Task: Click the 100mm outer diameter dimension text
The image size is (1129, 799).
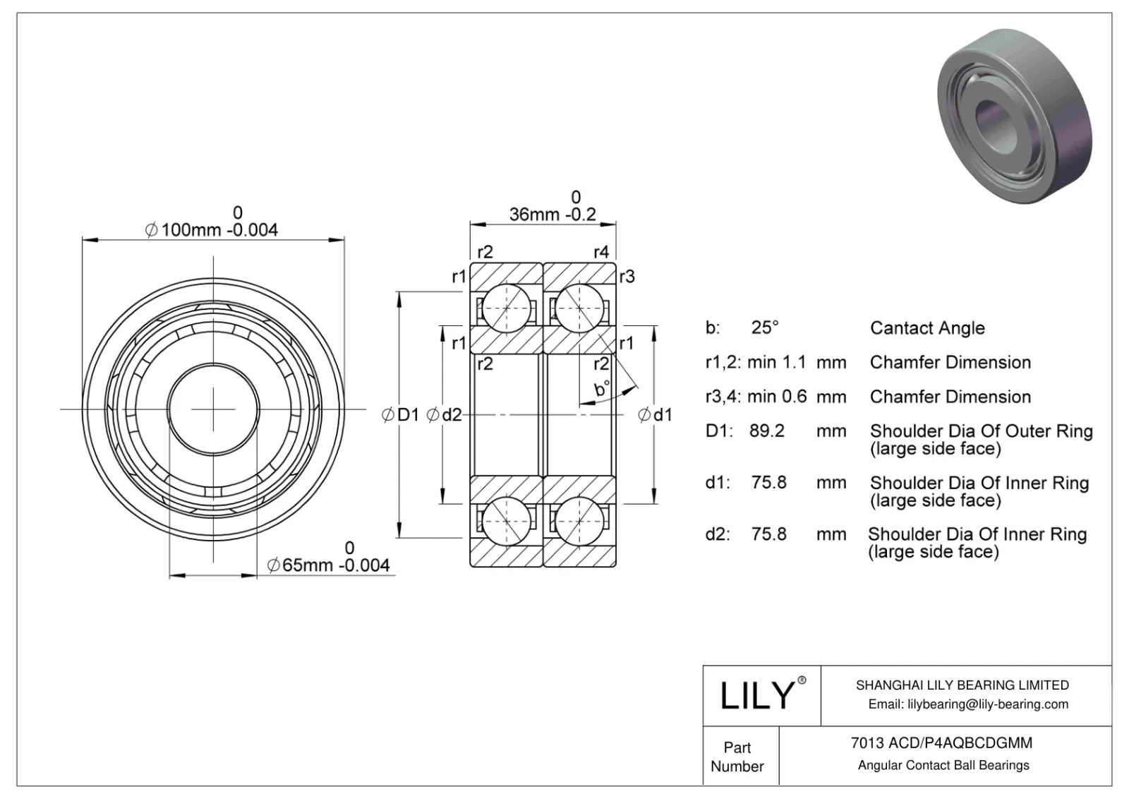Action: pyautogui.click(x=212, y=229)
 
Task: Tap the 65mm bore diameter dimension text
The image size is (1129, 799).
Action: pyautogui.click(x=329, y=565)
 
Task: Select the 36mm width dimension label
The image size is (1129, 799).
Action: pyautogui.click(x=553, y=214)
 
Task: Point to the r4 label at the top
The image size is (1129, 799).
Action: pyautogui.click(x=600, y=252)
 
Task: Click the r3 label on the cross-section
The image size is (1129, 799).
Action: pyautogui.click(x=627, y=277)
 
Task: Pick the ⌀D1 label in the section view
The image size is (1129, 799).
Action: pyautogui.click(x=400, y=415)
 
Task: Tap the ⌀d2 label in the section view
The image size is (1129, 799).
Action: pyautogui.click(x=445, y=415)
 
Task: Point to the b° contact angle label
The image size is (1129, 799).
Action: pyautogui.click(x=601, y=389)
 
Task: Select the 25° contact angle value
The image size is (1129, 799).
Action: pyautogui.click(x=765, y=328)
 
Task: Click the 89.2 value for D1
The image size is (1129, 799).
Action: pyautogui.click(x=766, y=431)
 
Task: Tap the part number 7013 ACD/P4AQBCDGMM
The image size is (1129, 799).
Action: pyautogui.click(x=941, y=743)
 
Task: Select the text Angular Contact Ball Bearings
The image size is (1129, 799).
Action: pyautogui.click(x=943, y=765)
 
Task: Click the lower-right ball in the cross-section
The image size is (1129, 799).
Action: pyautogui.click(x=579, y=521)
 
